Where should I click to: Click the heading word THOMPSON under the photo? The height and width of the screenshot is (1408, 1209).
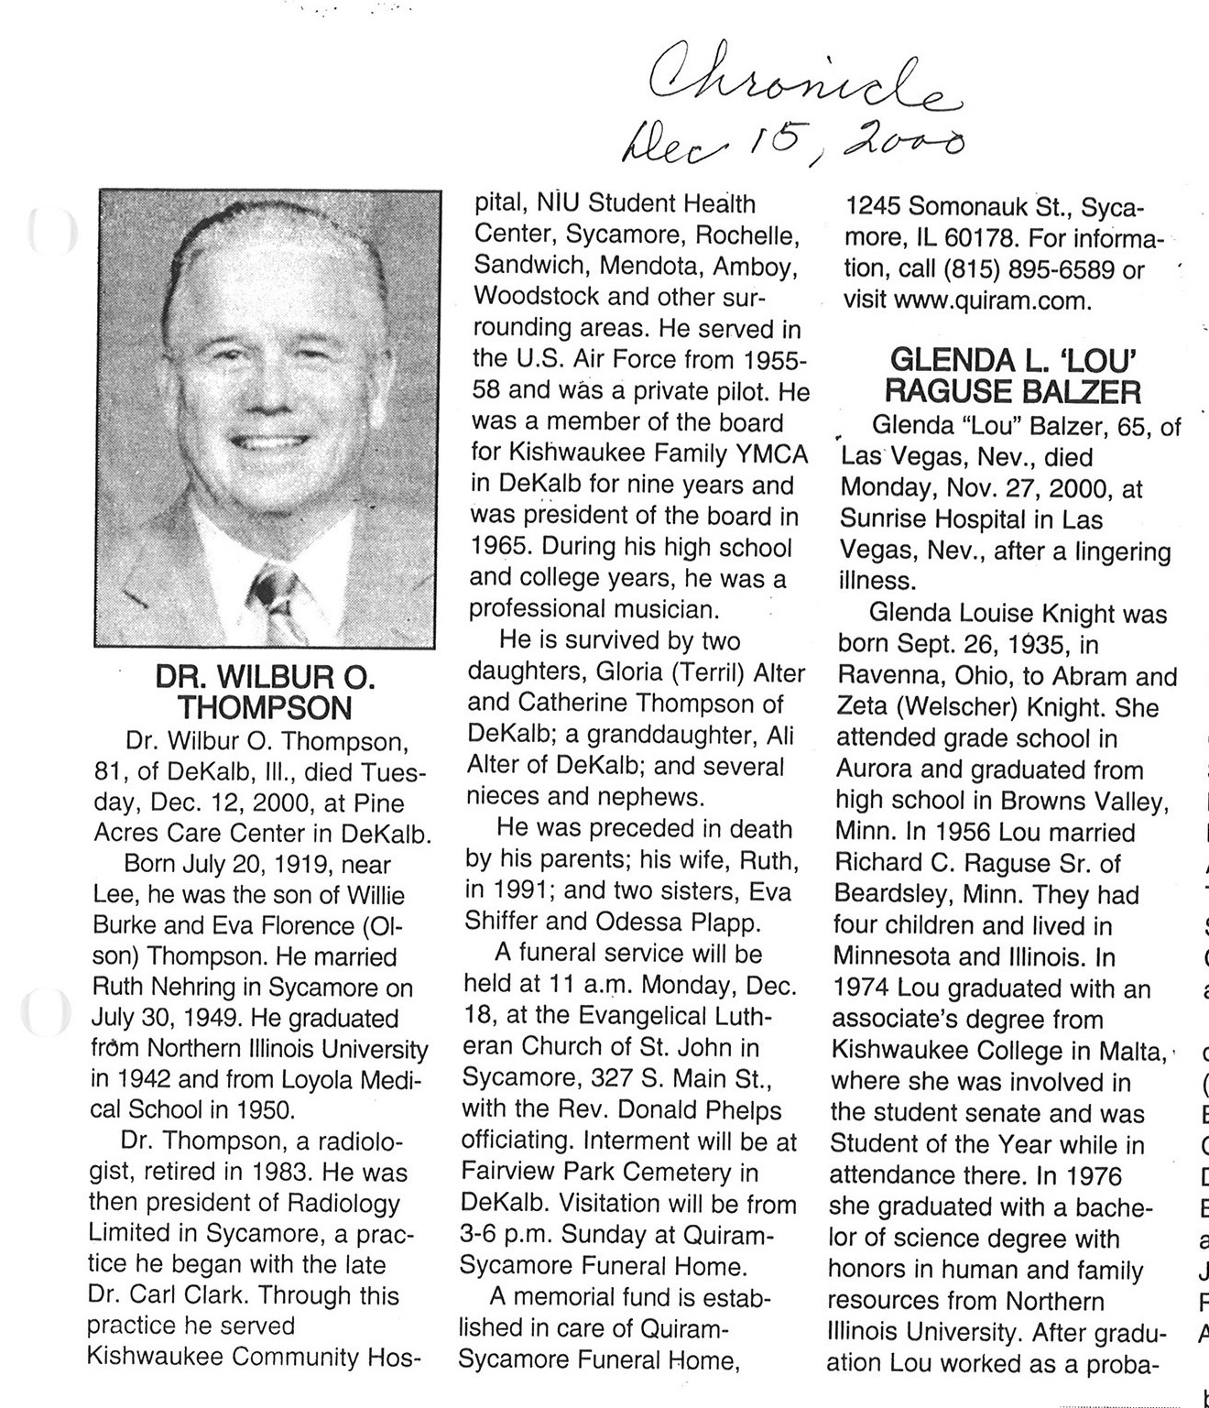click(265, 708)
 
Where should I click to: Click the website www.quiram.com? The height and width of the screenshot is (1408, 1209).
click(992, 300)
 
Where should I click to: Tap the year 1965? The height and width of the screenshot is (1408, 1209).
click(502, 547)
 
